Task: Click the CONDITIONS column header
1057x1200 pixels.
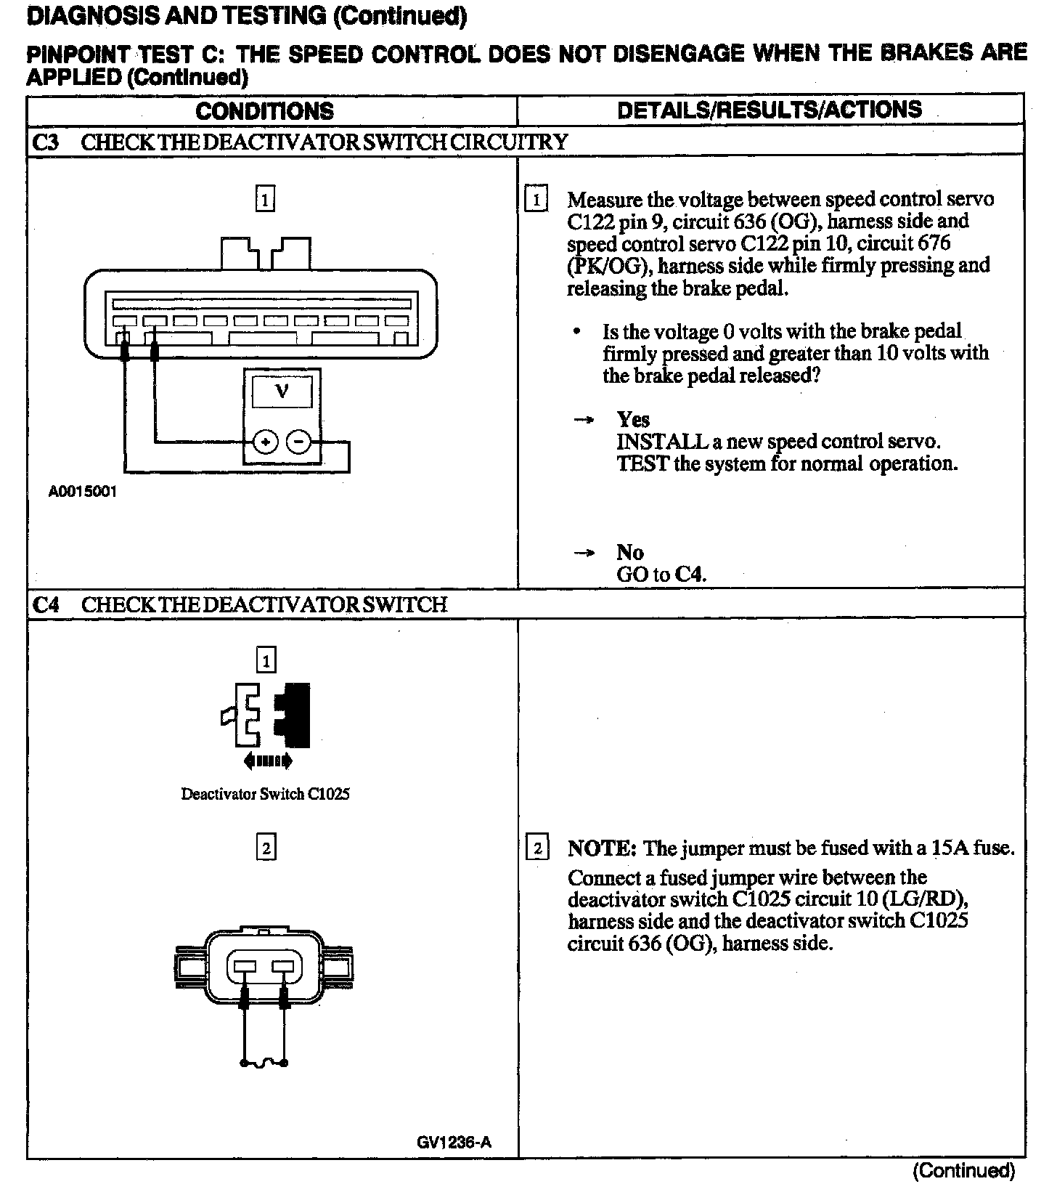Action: point(264,111)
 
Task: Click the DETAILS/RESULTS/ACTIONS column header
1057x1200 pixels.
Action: point(769,110)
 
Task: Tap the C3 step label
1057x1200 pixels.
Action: point(46,142)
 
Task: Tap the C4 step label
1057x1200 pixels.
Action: point(46,604)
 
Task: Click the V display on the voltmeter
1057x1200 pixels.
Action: point(282,392)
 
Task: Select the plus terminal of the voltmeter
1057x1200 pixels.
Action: point(266,442)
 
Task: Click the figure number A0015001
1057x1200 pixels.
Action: point(82,492)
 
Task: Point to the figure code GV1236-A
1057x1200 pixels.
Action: point(454,1142)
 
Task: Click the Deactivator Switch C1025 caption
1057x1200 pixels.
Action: point(265,794)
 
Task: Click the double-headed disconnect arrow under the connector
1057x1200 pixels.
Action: point(269,761)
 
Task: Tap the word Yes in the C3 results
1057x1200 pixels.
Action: point(633,420)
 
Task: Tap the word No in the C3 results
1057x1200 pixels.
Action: point(629,553)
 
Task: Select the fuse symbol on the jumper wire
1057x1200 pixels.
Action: point(264,1063)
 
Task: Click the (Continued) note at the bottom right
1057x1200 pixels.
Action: point(963,1171)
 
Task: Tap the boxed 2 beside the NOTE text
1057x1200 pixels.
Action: point(537,848)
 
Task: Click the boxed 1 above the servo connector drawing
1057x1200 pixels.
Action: point(265,199)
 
